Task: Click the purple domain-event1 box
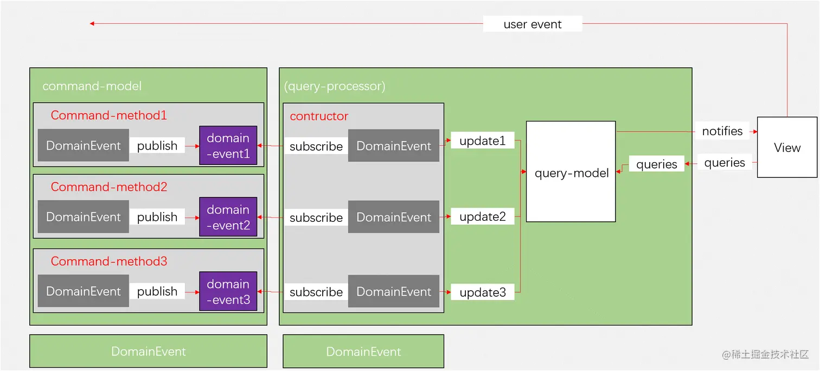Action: tap(228, 145)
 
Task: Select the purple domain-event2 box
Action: tap(228, 217)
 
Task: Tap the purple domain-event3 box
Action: tap(228, 291)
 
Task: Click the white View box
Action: tap(787, 147)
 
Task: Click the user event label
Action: tap(532, 24)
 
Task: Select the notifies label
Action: tap(722, 131)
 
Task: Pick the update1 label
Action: tap(482, 141)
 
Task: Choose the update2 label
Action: tap(482, 217)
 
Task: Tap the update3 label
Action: tap(482, 292)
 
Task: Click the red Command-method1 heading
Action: tap(108, 115)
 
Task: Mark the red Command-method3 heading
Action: tap(108, 261)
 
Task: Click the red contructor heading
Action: tap(319, 116)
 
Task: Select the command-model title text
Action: tap(92, 86)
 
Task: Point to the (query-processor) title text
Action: tap(334, 86)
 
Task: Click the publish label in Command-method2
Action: tap(157, 217)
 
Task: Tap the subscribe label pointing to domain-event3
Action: tap(316, 292)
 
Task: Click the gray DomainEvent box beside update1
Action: tap(393, 145)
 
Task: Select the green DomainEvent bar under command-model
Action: tap(148, 351)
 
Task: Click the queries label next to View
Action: tap(724, 163)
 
